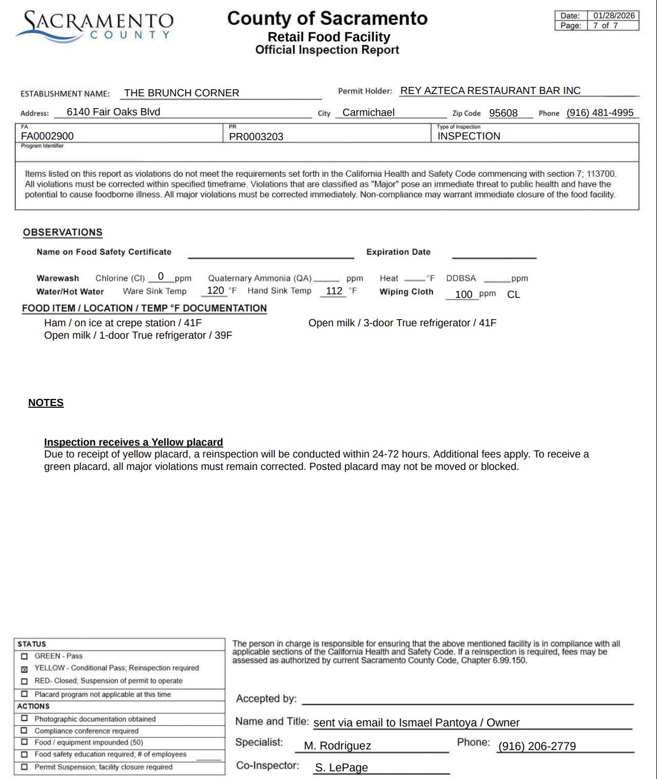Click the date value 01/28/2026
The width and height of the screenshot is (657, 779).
614,16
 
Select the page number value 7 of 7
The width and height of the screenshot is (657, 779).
606,25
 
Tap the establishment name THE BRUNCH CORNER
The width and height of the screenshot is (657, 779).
181,93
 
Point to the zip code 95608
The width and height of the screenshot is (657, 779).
503,113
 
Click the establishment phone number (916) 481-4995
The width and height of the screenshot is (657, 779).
600,112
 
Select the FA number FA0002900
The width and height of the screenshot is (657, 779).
47,136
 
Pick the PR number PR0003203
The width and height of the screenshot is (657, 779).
256,137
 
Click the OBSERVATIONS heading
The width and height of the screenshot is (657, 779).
63,232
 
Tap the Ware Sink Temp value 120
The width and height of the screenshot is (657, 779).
216,290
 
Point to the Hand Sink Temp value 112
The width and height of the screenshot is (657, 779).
334,291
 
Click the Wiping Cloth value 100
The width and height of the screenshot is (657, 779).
464,294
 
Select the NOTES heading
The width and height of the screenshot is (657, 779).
46,403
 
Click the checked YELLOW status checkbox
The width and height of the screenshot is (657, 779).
24,669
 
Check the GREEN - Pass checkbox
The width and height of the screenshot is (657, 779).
24,656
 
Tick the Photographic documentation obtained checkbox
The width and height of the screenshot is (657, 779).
24,719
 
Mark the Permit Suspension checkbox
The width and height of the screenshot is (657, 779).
24,767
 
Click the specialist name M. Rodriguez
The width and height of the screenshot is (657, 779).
337,746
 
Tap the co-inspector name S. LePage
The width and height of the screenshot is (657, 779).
341,768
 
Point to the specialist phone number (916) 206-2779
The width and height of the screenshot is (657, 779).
537,746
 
